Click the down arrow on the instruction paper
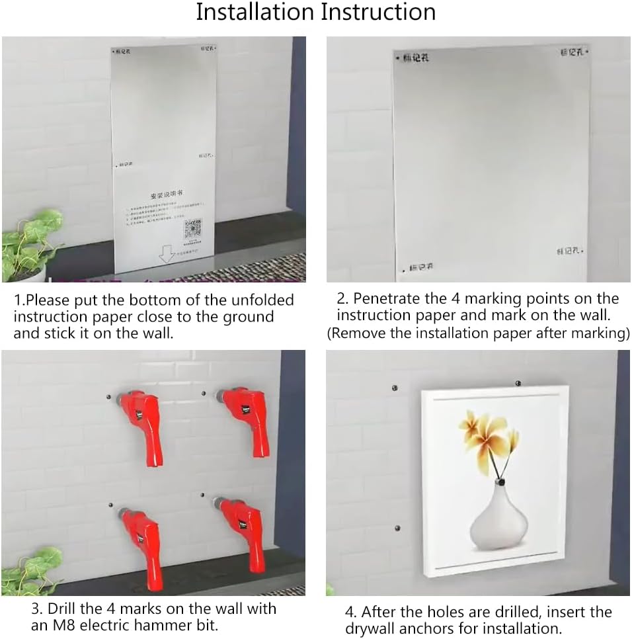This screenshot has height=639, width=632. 167,254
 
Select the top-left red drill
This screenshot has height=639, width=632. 141,421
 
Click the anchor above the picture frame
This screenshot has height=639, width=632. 518,383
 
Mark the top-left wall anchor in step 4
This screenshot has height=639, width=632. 395,388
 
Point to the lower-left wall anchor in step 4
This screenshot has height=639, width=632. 397,528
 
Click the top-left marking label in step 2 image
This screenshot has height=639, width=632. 415,59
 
